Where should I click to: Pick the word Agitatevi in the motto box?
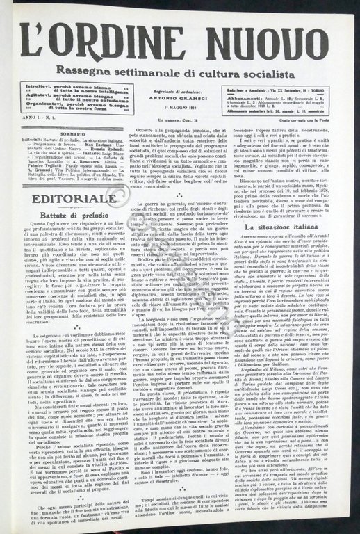(x=36, y=99)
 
